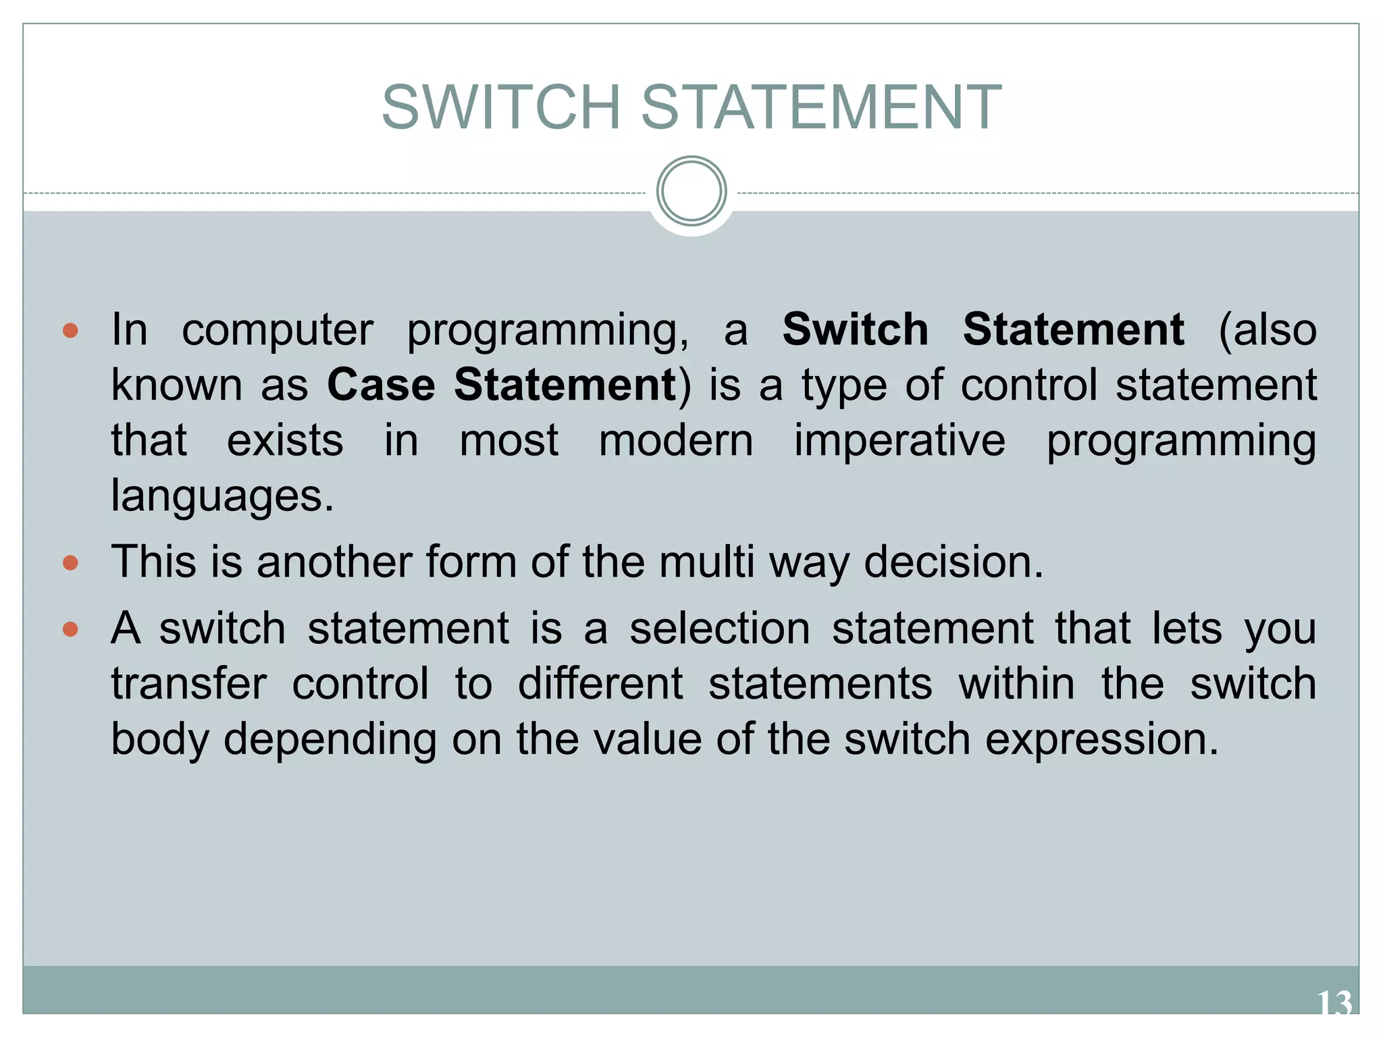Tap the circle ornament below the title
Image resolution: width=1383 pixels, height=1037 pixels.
point(691,191)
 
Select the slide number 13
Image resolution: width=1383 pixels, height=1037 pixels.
point(1334,1003)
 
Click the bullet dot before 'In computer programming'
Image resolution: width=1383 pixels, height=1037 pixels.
point(70,330)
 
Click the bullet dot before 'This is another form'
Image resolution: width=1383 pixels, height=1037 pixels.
point(70,562)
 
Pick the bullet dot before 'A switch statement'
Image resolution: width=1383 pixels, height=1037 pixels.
point(70,629)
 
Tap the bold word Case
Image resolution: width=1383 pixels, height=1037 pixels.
point(381,385)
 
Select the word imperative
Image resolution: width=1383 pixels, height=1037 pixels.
point(899,441)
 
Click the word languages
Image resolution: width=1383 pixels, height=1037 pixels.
point(221,497)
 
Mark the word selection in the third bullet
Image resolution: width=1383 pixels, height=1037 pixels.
point(719,629)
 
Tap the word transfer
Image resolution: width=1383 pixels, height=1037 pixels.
point(189,684)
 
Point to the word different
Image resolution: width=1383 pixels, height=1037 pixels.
point(600,684)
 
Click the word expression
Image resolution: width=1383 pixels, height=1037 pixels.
point(1101,740)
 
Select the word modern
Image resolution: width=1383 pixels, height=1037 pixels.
point(675,441)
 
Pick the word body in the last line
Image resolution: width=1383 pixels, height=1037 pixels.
point(159,740)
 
